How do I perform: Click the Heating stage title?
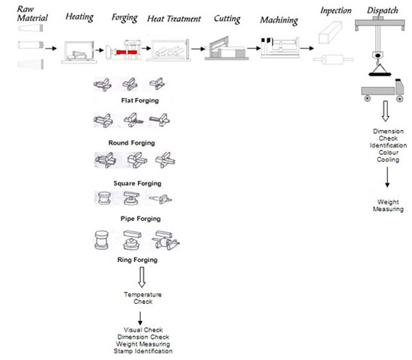(x=79, y=16)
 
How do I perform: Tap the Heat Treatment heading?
(x=174, y=19)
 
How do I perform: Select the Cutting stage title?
(x=227, y=19)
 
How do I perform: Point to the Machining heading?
(x=279, y=20)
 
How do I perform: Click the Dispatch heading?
(x=383, y=10)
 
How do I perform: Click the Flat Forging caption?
(x=140, y=100)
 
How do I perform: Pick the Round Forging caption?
(x=132, y=143)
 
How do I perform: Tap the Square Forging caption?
(x=137, y=183)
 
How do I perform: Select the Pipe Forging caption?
(x=141, y=219)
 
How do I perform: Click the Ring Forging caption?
(x=137, y=260)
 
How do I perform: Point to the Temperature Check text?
(x=142, y=298)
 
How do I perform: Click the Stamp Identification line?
(x=143, y=351)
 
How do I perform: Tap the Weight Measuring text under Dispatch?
(x=388, y=206)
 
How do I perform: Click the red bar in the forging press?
(x=127, y=52)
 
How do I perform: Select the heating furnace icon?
(x=79, y=52)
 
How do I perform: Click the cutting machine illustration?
(x=226, y=49)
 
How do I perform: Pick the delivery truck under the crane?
(x=382, y=91)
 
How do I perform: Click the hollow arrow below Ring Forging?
(x=142, y=277)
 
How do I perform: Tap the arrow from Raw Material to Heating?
(x=51, y=49)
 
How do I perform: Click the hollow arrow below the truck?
(x=386, y=111)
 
